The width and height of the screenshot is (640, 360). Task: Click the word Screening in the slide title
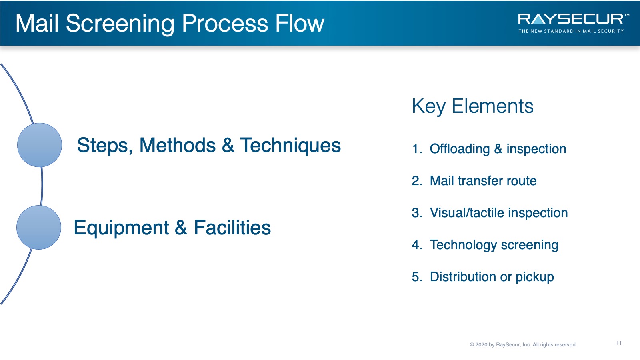tap(120, 24)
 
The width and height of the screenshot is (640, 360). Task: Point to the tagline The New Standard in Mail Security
tap(571, 31)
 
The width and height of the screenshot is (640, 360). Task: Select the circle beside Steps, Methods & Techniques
tap(40, 145)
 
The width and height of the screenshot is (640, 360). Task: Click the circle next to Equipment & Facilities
tap(38, 227)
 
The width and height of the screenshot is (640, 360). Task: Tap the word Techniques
tap(290, 146)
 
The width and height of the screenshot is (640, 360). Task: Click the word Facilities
tap(232, 228)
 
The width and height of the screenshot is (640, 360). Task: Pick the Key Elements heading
tap(472, 106)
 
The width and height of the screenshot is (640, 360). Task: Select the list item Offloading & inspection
tap(498, 149)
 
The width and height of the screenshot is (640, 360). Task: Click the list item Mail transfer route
tap(483, 181)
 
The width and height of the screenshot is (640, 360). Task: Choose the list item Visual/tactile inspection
tap(498, 213)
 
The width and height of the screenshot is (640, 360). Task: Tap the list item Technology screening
tap(494, 245)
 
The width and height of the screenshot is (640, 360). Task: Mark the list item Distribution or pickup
tap(492, 277)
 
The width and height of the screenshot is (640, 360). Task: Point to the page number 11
tap(619, 343)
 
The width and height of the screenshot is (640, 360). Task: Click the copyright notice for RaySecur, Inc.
tap(523, 344)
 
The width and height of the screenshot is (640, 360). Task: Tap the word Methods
tap(177, 145)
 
